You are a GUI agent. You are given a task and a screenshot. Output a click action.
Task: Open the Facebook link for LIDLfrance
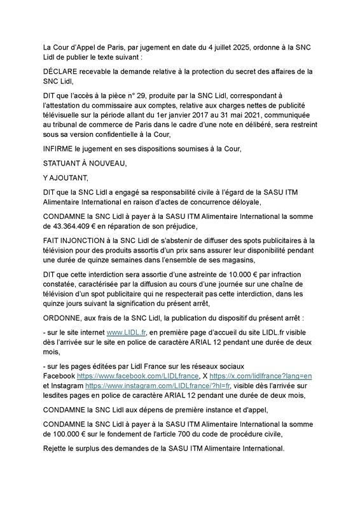tap(150, 376)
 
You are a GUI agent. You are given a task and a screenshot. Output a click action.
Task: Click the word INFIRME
tap(60, 148)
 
